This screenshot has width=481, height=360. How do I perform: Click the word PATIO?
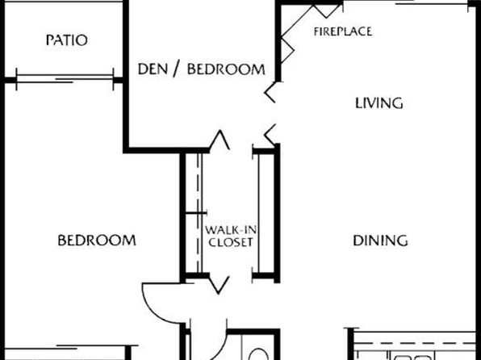coord(66,40)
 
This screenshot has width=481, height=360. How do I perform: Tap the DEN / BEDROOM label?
coord(201,69)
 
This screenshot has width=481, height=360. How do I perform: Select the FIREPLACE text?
coord(342,31)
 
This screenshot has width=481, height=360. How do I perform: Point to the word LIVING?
coord(379,103)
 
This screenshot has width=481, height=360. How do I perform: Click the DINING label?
coord(379,240)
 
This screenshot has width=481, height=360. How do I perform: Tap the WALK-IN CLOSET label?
coord(230,236)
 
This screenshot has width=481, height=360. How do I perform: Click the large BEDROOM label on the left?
coord(96,240)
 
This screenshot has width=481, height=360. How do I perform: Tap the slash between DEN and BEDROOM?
coord(178,69)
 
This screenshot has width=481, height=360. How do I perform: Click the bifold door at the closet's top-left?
coord(220,142)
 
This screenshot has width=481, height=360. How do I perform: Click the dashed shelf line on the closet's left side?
coord(193,214)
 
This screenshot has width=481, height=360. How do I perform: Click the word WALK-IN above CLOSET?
coord(230,229)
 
